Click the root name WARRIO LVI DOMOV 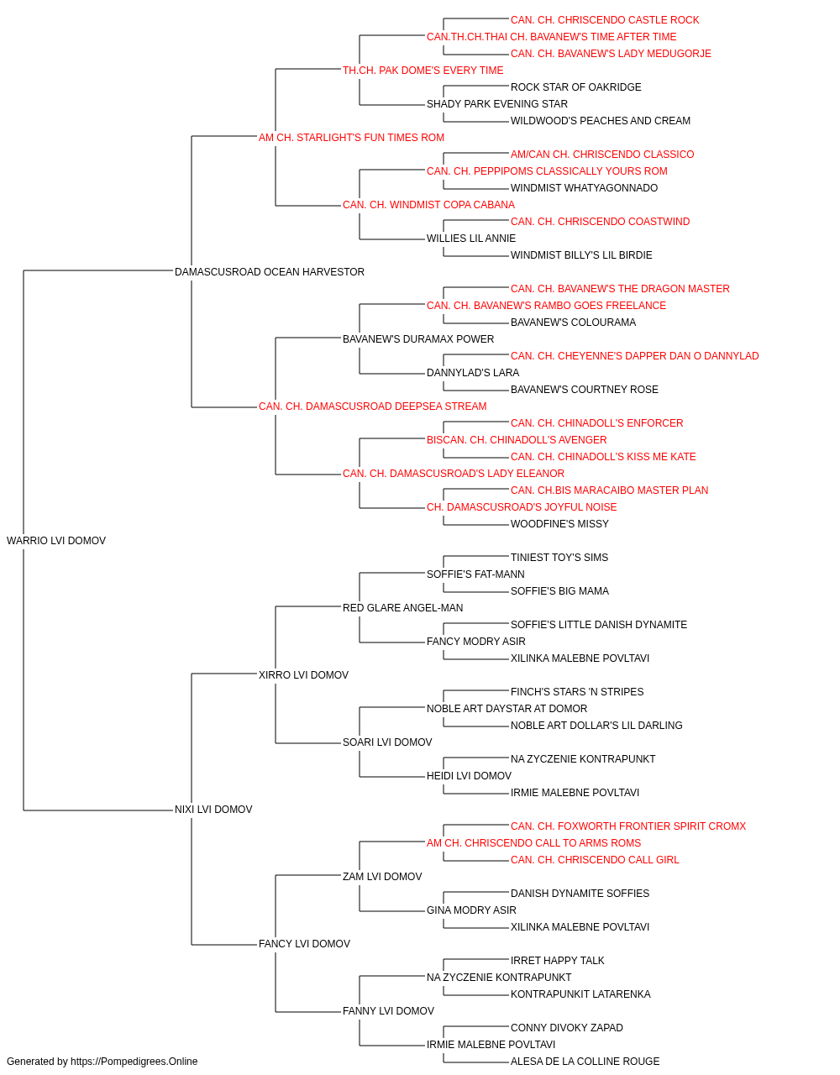(x=56, y=541)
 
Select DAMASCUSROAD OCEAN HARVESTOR (x=269, y=272)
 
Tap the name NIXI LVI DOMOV (x=213, y=810)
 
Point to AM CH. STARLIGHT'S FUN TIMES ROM (x=351, y=138)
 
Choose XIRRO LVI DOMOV (x=303, y=674)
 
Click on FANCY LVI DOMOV (x=304, y=943)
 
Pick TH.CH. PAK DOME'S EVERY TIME (x=423, y=71)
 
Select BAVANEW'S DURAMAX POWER (x=418, y=338)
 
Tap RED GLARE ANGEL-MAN (x=402, y=607)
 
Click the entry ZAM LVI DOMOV (x=382, y=876)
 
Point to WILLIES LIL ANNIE (x=471, y=239)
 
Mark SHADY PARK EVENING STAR (x=497, y=104)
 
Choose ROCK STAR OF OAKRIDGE (x=576, y=87)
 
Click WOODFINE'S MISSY (x=559, y=524)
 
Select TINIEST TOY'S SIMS (x=559, y=558)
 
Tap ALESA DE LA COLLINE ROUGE (x=585, y=1062)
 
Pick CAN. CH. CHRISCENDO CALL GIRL (x=595, y=860)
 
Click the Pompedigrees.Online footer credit (x=102, y=1062)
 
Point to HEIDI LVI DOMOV (x=469, y=776)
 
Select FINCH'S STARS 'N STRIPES (x=577, y=691)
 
